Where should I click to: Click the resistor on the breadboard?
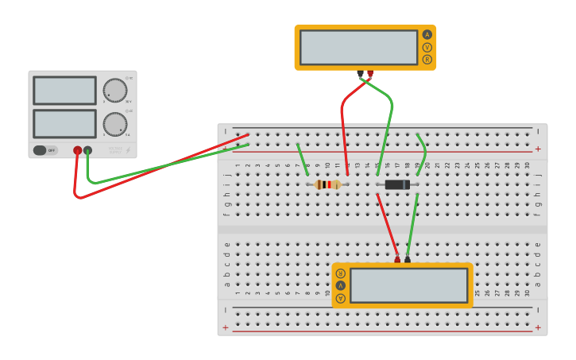pos(327,184)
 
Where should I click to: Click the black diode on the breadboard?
pos(396,184)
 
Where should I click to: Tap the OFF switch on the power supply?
pos(45,150)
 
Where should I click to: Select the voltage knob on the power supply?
pos(114,90)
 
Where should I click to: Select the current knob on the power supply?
pos(114,123)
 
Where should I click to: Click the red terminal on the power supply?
pos(77,150)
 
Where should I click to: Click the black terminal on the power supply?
pos(87,150)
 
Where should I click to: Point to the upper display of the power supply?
pos(64,91)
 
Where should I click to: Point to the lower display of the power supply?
pos(64,124)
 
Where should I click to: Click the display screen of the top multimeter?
pos(358,48)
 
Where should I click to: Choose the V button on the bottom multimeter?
pos(341,285)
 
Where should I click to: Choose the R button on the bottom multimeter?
pos(341,273)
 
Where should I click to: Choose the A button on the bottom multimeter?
pos(341,298)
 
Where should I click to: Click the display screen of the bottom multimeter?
pos(408,285)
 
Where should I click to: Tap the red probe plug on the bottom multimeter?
pos(397,259)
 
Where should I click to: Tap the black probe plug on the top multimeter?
pos(360,74)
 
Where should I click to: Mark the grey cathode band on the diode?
pos(407,184)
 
